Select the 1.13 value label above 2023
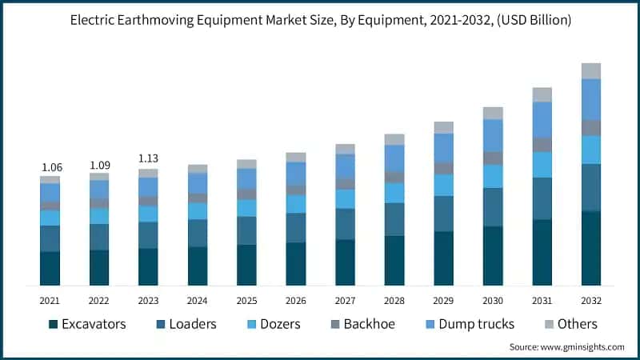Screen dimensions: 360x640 pyautogui.click(x=148, y=158)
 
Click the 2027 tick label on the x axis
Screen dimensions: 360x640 pyautogui.click(x=345, y=300)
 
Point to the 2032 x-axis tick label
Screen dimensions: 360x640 pyautogui.click(x=591, y=300)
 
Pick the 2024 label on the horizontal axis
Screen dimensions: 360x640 pyautogui.click(x=198, y=300)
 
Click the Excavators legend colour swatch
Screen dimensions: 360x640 pyautogui.click(x=54, y=324)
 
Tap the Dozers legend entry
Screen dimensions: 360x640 pyautogui.click(x=280, y=324)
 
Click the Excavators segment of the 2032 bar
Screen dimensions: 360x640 pyautogui.click(x=591, y=248)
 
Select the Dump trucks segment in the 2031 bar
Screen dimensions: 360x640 pyautogui.click(x=542, y=119)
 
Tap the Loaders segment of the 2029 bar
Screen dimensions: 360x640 pyautogui.click(x=444, y=214)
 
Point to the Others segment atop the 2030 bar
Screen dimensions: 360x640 pyautogui.click(x=493, y=113)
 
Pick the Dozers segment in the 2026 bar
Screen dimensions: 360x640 pyautogui.click(x=296, y=204)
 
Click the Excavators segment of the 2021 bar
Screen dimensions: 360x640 pyautogui.click(x=50, y=268)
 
